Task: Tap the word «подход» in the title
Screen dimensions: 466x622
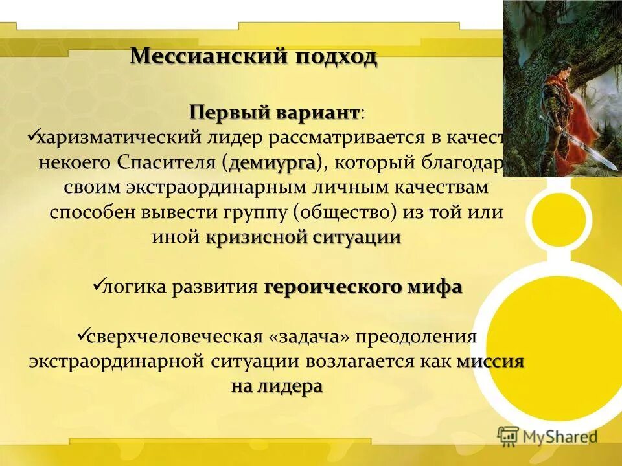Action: point(336,57)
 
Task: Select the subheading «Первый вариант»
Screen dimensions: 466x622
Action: point(274,113)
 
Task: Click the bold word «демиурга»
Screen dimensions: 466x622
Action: point(271,162)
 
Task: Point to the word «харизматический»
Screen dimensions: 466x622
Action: point(119,137)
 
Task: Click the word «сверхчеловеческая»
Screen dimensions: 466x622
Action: point(175,337)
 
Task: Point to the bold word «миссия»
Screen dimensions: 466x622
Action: point(490,362)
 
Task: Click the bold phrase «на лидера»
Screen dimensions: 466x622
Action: point(276,386)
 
